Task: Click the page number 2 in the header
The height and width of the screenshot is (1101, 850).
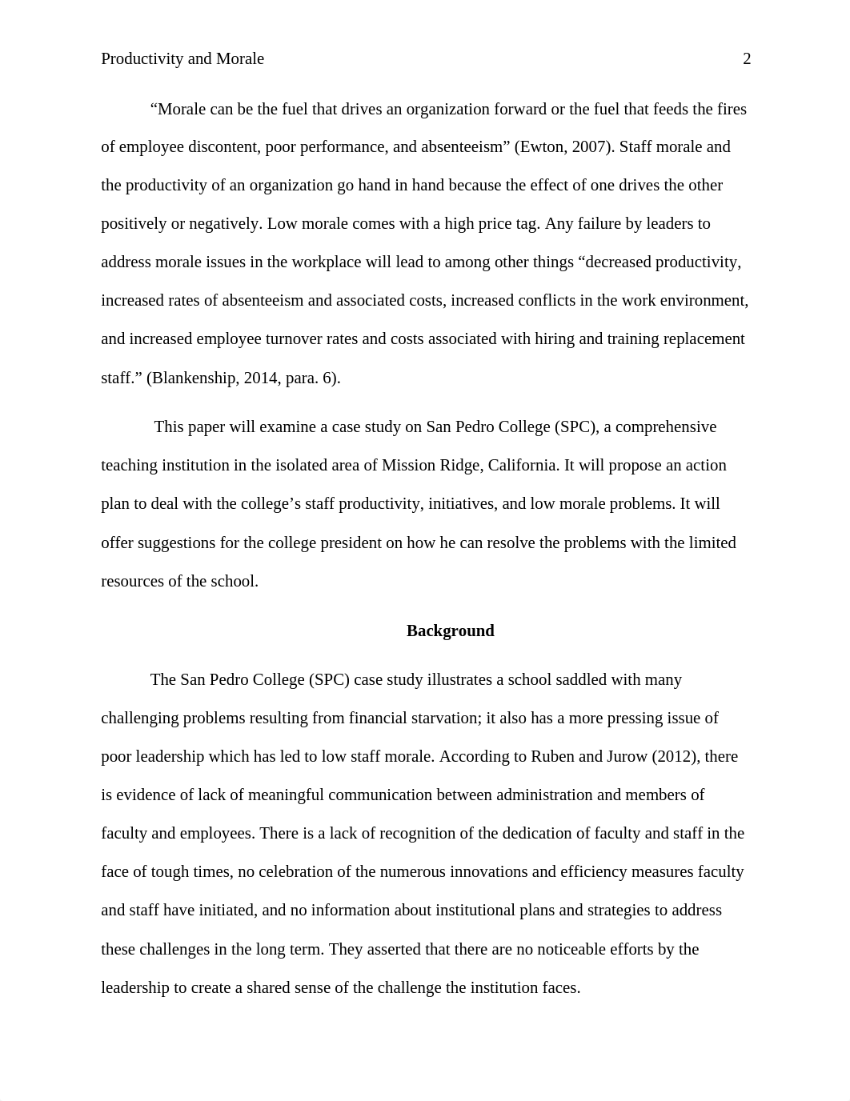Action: click(x=747, y=59)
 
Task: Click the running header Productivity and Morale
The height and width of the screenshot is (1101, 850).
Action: click(x=182, y=59)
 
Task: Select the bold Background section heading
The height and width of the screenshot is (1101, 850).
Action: click(x=450, y=631)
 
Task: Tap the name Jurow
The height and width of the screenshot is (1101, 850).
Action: click(x=624, y=757)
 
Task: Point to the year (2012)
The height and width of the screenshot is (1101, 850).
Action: click(x=673, y=757)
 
